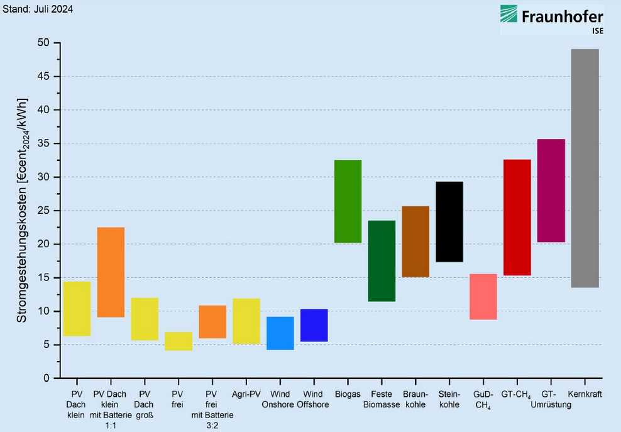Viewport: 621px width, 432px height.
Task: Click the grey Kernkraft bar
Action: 585,168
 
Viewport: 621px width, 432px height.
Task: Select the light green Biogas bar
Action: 348,201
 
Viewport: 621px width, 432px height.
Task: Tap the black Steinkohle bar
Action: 449,221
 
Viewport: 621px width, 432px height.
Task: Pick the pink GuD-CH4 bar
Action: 483,297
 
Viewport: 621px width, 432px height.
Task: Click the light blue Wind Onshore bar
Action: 280,333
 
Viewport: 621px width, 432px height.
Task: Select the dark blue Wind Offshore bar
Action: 314,325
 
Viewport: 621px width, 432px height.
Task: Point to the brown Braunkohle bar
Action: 415,241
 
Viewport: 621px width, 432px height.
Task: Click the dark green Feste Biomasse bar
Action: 382,261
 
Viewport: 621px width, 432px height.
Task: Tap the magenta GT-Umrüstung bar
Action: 551,191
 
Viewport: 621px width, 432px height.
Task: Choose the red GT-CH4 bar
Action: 517,218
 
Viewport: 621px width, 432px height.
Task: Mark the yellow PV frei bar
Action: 179,341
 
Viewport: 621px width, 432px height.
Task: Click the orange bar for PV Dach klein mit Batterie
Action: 111,272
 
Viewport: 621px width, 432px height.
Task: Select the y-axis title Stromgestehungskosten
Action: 22,211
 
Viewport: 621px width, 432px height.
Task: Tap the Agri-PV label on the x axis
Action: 246,394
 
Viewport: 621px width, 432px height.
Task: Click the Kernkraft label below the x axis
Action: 585,394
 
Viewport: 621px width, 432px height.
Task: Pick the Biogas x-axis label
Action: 348,394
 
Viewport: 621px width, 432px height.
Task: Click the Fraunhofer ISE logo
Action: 551,19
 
